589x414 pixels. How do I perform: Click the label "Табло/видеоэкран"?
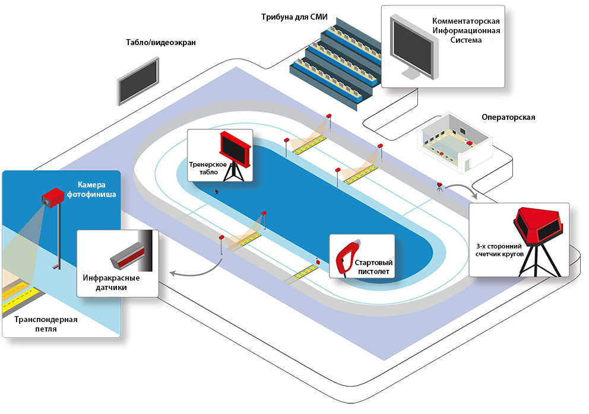click(x=160, y=43)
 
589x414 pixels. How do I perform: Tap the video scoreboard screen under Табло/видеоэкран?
click(x=138, y=82)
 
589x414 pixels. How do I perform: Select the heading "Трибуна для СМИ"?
click(x=294, y=17)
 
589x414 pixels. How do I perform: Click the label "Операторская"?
click(x=508, y=117)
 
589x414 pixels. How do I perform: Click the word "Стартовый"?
click(x=373, y=262)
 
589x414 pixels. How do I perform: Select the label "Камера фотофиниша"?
click(x=96, y=189)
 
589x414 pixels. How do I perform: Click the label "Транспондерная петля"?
click(x=46, y=324)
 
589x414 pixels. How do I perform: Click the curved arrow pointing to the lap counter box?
click(x=461, y=190)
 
